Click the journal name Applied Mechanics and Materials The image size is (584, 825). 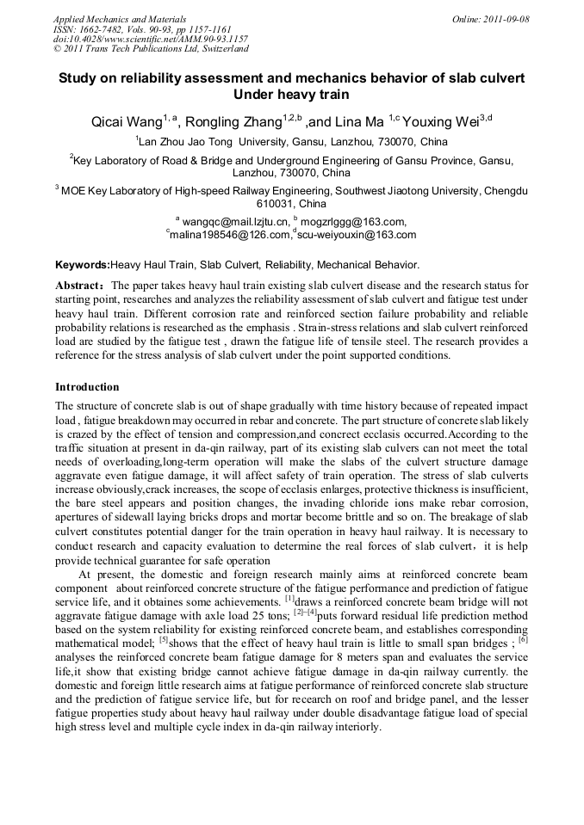coord(119,19)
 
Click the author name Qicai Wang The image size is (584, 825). coord(128,120)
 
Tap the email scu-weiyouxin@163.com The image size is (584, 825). coord(356,235)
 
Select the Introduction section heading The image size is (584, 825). coord(87,387)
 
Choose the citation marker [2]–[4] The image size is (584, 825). coord(305,611)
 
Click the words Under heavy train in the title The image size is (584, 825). coord(291,95)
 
